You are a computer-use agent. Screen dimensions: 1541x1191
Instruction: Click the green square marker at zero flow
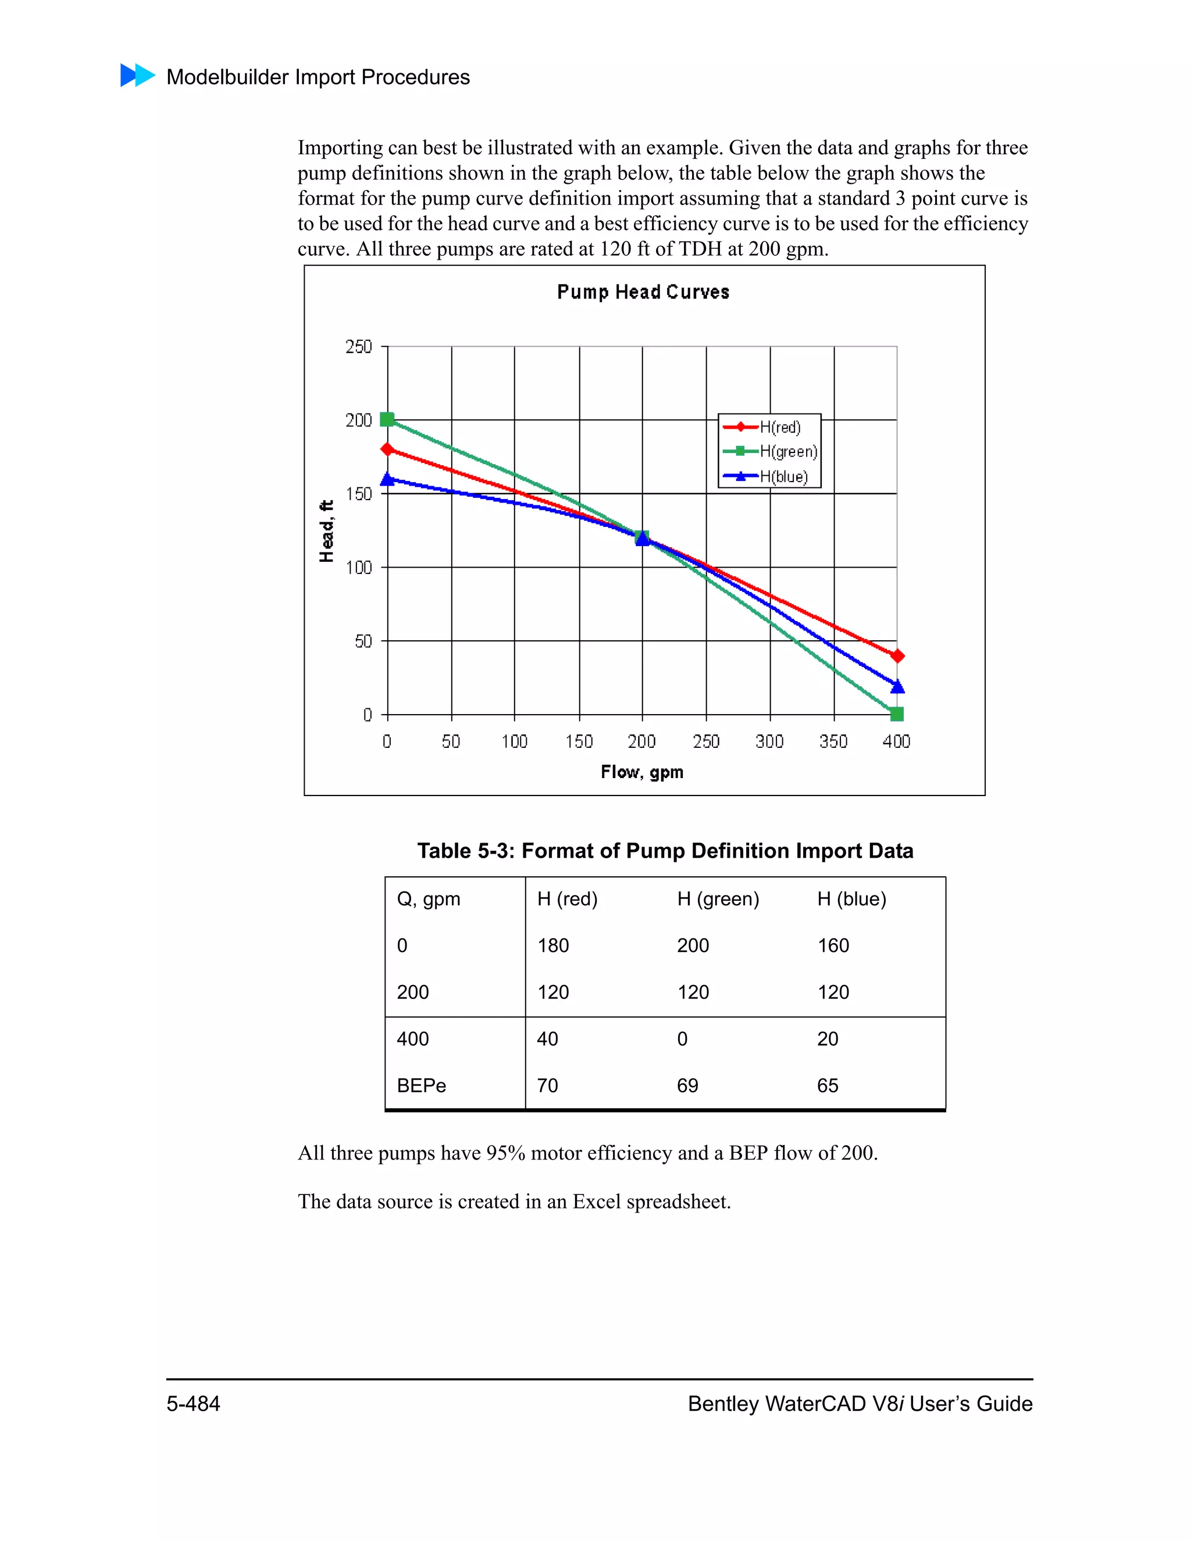coord(387,420)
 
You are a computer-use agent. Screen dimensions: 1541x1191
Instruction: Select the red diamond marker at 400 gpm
coord(897,656)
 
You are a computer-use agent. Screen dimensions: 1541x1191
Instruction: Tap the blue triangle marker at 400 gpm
coord(897,686)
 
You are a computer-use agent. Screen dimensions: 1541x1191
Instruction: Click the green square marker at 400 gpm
coord(897,714)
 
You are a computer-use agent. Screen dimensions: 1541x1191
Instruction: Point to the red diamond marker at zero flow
coord(387,450)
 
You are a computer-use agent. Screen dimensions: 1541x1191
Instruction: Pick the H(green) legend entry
coord(771,452)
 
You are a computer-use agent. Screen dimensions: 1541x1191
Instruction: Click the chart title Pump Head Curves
coord(643,292)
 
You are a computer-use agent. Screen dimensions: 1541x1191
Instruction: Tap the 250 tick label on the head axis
coord(358,347)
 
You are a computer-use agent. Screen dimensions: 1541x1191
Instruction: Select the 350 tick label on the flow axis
coord(833,741)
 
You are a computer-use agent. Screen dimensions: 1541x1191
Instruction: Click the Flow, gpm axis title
coord(642,772)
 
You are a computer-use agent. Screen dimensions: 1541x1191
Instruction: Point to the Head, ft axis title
coord(326,530)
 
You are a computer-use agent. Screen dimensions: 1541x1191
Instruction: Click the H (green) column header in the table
coord(718,899)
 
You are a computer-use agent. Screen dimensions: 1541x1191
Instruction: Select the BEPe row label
coord(421,1085)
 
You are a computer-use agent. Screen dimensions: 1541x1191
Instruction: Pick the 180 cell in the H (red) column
coord(553,946)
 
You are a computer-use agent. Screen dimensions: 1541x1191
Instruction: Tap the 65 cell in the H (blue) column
coord(828,1085)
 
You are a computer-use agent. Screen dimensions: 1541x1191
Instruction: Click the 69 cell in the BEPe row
coord(687,1085)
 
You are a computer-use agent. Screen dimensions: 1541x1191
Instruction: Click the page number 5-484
coord(193,1403)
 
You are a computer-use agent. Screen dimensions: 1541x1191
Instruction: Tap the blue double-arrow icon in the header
coord(138,76)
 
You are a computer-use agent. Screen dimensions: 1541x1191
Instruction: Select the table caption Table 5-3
coord(665,851)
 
